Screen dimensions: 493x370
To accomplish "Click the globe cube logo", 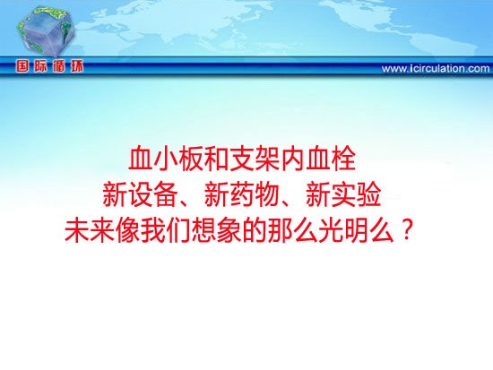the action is pyautogui.click(x=46, y=30).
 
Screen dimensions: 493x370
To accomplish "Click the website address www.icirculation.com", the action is pyautogui.click(x=436, y=68).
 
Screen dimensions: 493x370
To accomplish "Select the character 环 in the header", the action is pyautogui.click(x=77, y=66).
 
